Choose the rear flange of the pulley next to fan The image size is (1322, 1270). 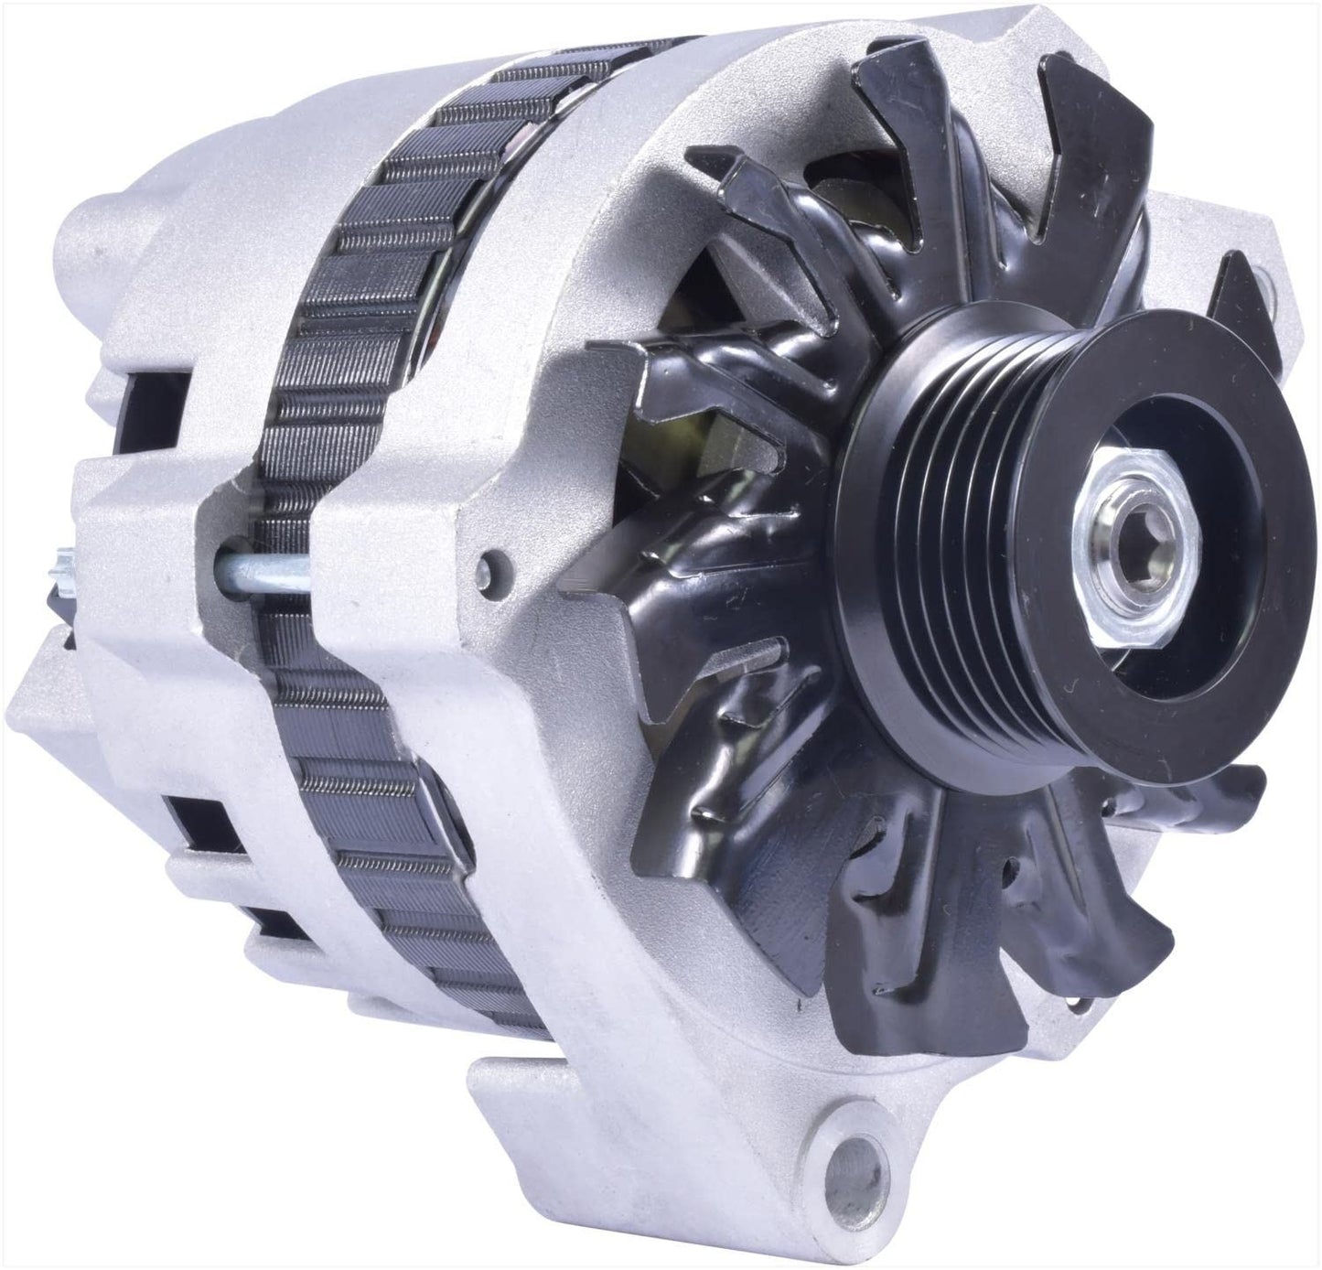tap(846, 549)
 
